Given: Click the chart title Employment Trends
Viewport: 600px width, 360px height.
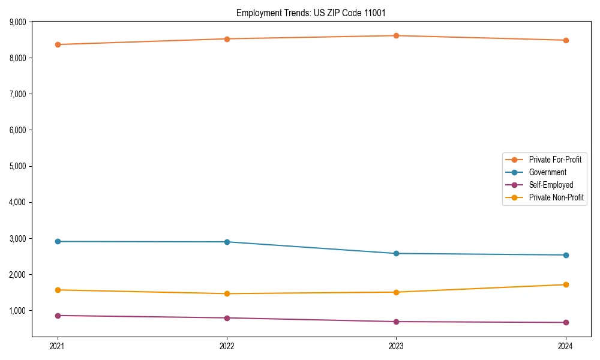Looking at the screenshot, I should pyautogui.click(x=315, y=13).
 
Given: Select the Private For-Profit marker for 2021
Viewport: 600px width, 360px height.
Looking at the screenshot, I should pyautogui.click(x=58, y=44).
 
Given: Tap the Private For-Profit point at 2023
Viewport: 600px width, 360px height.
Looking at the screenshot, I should pyautogui.click(x=396, y=35).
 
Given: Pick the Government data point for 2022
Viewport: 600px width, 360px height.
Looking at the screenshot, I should pyautogui.click(x=227, y=242).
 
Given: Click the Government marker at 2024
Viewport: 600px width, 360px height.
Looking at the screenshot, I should pyautogui.click(x=565, y=255).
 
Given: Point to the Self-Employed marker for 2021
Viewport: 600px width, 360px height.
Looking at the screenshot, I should pyautogui.click(x=58, y=316).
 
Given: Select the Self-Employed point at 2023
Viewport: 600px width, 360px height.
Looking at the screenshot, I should pyautogui.click(x=396, y=322).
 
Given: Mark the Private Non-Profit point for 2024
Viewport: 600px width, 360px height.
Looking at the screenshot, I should pyautogui.click(x=565, y=284).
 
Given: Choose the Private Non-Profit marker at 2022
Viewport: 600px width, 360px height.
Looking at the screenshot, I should pyautogui.click(x=227, y=293).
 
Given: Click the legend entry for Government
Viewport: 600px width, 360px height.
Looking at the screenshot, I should pyautogui.click(x=547, y=172).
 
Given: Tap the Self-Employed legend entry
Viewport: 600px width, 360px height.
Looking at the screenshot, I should pyautogui.click(x=551, y=185).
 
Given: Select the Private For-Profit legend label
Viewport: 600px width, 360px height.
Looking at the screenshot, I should pyautogui.click(x=554, y=160).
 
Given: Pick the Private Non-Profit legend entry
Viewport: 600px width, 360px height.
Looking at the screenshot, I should pyautogui.click(x=556, y=197).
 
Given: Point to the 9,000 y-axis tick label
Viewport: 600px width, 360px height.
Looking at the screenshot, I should pyautogui.click(x=17, y=22).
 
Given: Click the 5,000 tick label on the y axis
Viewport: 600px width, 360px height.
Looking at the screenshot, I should pyautogui.click(x=17, y=166).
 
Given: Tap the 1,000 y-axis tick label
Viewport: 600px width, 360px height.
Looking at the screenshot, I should pyautogui.click(x=17, y=311).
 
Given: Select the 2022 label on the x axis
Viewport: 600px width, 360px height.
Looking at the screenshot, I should pyautogui.click(x=227, y=346).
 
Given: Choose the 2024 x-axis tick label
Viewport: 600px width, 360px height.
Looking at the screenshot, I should pyautogui.click(x=565, y=346).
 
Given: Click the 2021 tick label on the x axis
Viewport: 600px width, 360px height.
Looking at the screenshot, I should pyautogui.click(x=58, y=346).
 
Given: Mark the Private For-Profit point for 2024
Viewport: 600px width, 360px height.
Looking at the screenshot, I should pyautogui.click(x=565, y=40).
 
